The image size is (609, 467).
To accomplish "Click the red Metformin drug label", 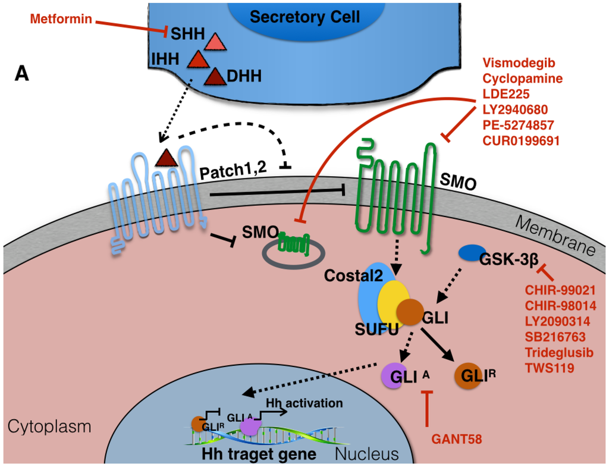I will [61, 19].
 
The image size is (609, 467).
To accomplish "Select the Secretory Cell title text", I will [304, 17].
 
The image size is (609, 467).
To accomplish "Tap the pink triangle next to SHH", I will [214, 42].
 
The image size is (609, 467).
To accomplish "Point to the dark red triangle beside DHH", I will [214, 76].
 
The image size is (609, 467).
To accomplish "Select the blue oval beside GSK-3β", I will [470, 253].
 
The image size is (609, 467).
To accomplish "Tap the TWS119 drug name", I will [550, 368].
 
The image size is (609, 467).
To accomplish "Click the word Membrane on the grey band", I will [554, 234].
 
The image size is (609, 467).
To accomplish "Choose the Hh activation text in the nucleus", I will [313, 403].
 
